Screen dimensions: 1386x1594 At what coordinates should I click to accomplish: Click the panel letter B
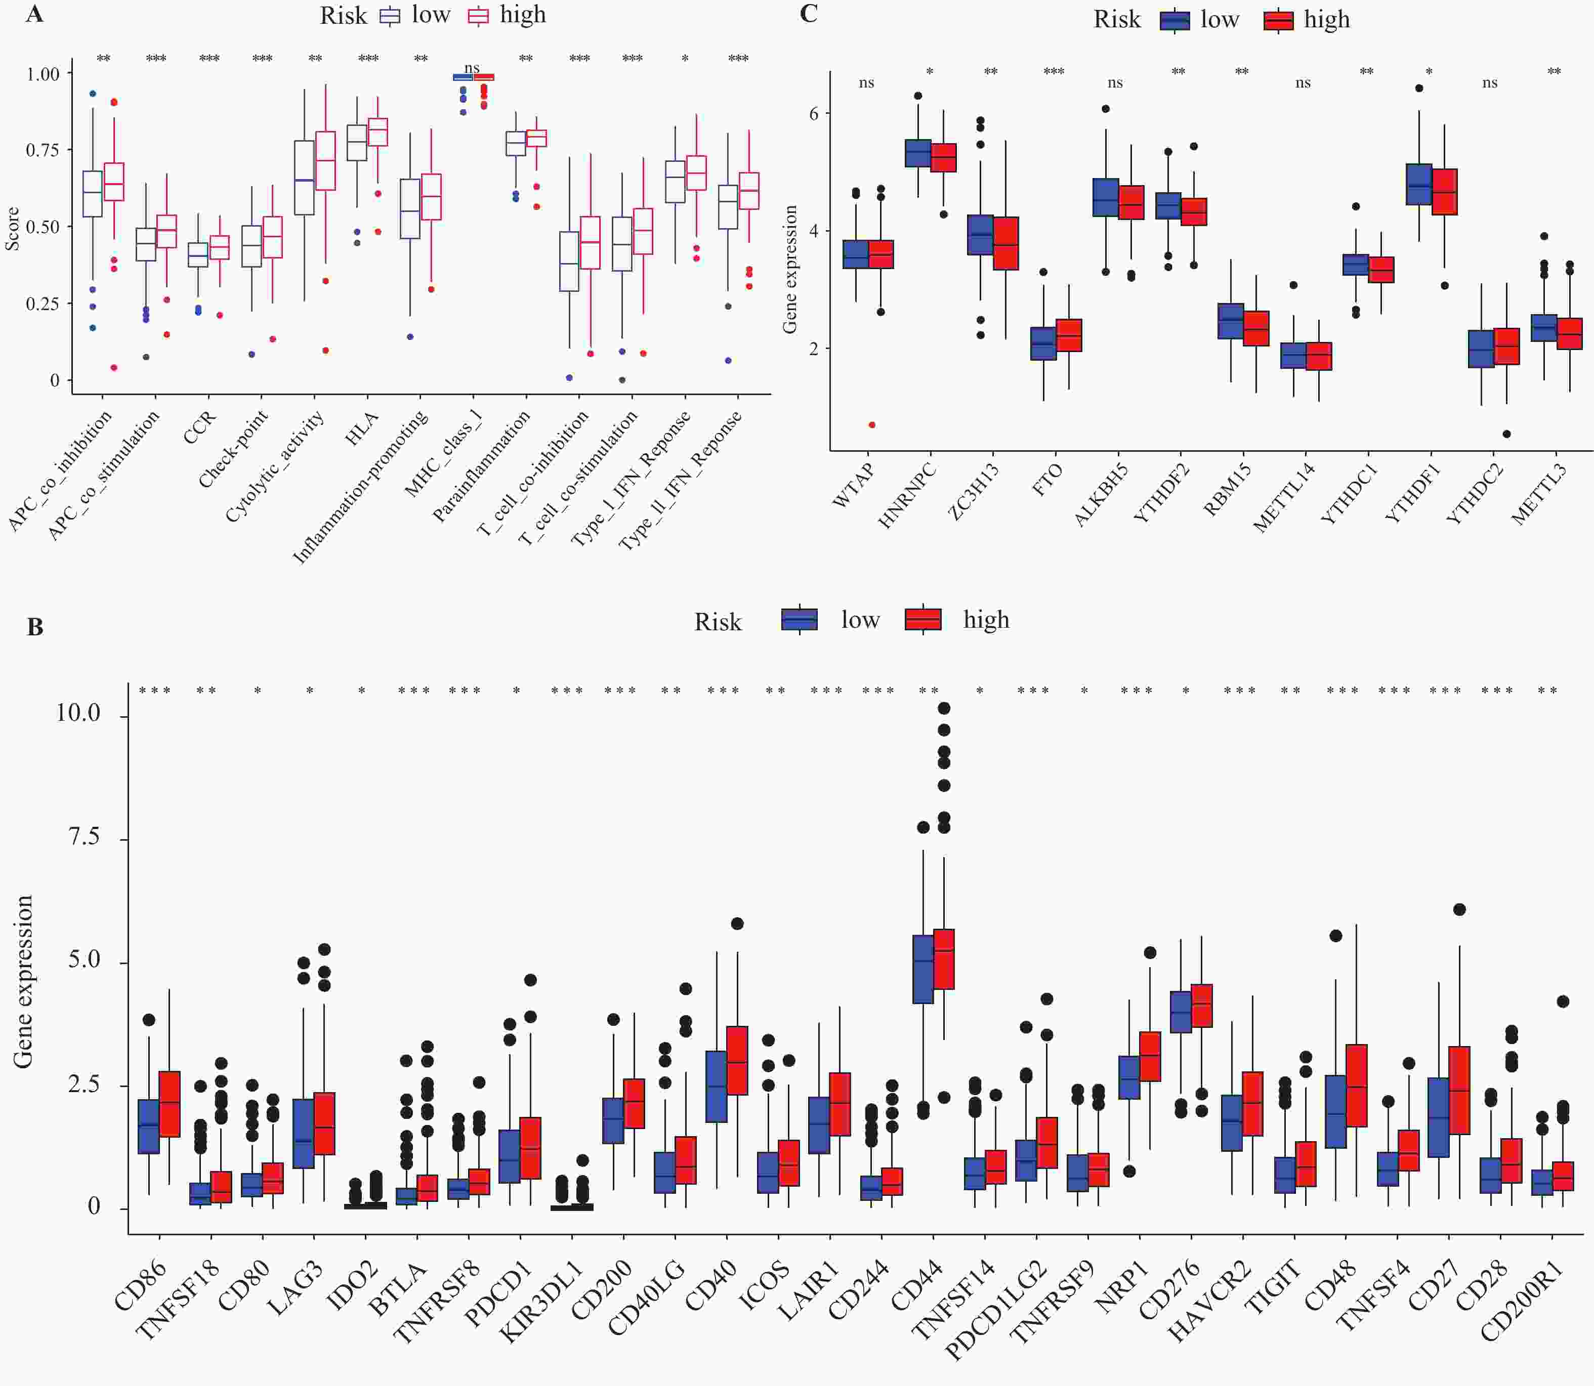35,627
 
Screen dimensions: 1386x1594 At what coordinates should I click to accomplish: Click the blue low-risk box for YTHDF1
1418,184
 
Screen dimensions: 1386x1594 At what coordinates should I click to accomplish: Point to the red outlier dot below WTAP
872,424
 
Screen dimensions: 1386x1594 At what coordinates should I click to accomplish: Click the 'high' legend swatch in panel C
1278,20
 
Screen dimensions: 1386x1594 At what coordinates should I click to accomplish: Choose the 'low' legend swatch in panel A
390,16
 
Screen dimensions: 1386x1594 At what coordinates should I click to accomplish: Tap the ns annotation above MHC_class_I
472,68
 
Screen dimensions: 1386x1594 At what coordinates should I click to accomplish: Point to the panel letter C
809,14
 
